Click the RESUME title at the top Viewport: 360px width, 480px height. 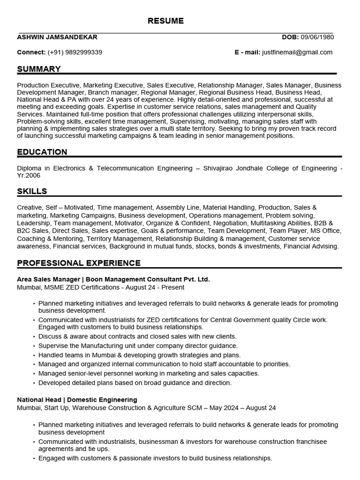click(x=166, y=21)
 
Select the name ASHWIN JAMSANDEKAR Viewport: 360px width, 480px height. click(x=57, y=37)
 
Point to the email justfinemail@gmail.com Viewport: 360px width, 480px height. click(x=297, y=52)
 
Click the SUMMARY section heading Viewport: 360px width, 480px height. click(x=39, y=69)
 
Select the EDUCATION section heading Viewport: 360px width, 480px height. click(x=42, y=152)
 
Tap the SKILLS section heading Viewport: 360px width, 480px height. click(x=32, y=191)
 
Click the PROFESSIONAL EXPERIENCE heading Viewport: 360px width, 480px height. click(x=79, y=263)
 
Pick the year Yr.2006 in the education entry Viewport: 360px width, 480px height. click(x=29, y=175)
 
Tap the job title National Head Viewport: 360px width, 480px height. click(x=39, y=400)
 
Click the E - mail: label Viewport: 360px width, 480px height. click(x=247, y=52)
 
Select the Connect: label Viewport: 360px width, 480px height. click(x=31, y=52)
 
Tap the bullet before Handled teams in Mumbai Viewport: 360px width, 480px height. click(x=34, y=355)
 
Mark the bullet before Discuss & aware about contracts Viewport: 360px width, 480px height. click(x=34, y=337)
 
